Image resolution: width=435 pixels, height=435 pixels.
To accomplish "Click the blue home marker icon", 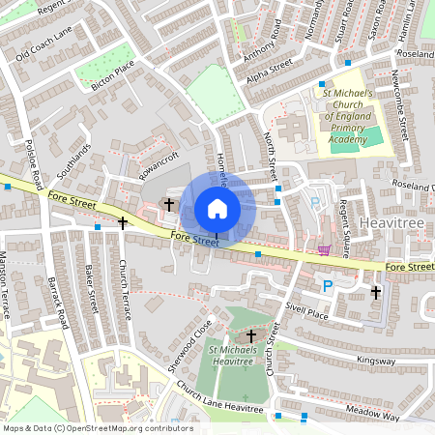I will coord(217,208).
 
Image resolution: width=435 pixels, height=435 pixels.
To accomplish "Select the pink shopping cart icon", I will coord(323,249).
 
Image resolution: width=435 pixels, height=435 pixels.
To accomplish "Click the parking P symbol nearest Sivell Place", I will coord(328,286).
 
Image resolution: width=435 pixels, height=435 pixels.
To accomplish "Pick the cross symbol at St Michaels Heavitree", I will coord(251,335).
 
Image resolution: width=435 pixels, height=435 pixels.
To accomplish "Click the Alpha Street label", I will coord(269,72).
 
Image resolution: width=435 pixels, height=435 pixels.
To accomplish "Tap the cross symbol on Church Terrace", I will coord(123,223).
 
